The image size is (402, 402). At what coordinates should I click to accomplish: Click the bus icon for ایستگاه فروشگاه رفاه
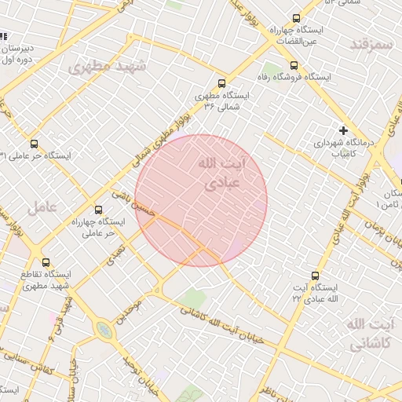294,66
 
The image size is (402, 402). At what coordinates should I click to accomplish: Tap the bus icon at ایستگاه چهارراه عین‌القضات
296,18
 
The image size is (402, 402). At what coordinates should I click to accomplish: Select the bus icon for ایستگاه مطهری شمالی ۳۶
221,83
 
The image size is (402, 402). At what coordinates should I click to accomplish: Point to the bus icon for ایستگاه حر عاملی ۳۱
33,144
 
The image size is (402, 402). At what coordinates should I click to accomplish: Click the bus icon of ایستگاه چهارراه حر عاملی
98,210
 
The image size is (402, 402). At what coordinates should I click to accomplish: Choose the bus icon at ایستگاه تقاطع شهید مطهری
46,262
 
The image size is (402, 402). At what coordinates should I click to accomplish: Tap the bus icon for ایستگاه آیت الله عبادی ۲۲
315,276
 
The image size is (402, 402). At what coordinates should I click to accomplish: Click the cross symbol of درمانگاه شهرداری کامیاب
343,130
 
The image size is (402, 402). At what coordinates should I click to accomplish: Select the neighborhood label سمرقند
371,44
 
